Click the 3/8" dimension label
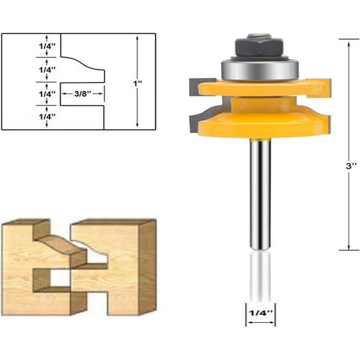(x=83, y=94)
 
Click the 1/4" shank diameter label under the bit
(x=260, y=312)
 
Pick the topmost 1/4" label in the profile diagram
(x=47, y=45)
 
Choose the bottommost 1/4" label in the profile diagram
(x=47, y=116)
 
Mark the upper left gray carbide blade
(x=195, y=86)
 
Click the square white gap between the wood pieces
(x=60, y=278)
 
